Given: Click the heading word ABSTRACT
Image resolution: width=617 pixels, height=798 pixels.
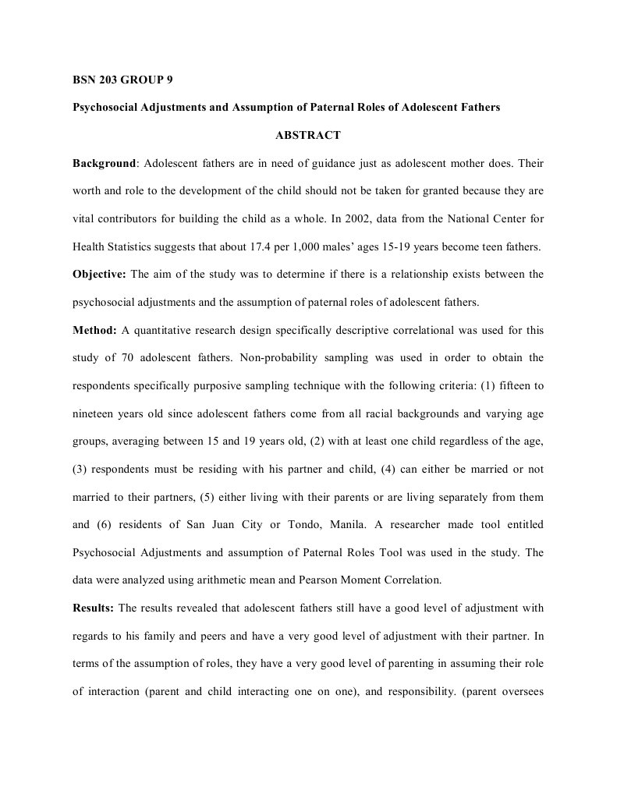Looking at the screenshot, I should pyautogui.click(x=308, y=135).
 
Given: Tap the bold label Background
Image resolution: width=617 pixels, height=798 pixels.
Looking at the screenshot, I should pyautogui.click(x=105, y=164).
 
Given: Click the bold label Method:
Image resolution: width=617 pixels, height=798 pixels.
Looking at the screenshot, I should pyautogui.click(x=94, y=330).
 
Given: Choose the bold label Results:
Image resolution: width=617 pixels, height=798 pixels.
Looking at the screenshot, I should pyautogui.click(x=94, y=607).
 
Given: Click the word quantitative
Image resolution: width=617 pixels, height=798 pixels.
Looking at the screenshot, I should pyautogui.click(x=172, y=330).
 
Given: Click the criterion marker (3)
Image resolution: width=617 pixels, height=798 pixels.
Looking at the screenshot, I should pyautogui.click(x=82, y=469).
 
